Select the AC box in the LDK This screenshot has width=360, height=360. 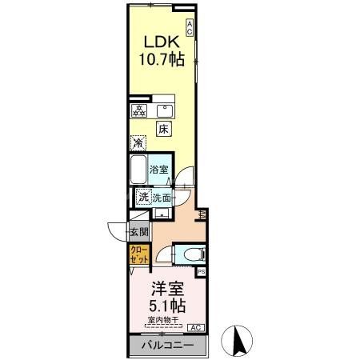[190, 27]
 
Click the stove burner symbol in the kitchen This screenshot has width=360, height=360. [139, 110]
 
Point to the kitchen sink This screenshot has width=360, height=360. [166, 110]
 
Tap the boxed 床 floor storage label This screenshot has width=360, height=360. [163, 128]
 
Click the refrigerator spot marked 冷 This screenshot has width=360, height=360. [138, 144]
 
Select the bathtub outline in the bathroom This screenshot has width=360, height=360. [138, 170]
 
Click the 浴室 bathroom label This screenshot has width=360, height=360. [159, 170]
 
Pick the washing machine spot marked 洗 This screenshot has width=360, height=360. [142, 197]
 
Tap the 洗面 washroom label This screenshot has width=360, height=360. [162, 198]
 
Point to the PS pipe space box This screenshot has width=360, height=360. [201, 272]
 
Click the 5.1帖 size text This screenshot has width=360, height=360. [168, 306]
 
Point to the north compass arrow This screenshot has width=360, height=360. [237, 340]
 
